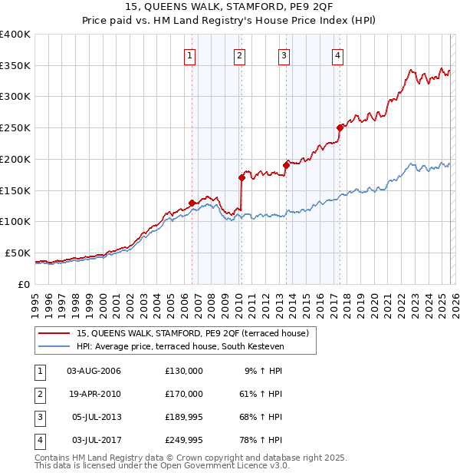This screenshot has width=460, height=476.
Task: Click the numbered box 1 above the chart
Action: click(189, 55)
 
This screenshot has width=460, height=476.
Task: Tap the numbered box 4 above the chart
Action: click(337, 55)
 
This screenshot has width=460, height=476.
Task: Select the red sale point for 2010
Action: click(242, 177)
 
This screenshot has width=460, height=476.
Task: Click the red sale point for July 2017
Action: click(340, 127)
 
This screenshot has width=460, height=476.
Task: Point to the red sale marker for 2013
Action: click(286, 164)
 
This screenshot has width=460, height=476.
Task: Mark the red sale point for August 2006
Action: click(192, 203)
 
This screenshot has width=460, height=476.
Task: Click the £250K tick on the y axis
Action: click(15, 128)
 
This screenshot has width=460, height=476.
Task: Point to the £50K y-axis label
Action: click(18, 253)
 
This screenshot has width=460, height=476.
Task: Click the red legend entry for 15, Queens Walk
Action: click(192, 333)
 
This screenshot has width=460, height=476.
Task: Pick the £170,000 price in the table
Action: click(184, 394)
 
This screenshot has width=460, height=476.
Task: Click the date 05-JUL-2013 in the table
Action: click(97, 417)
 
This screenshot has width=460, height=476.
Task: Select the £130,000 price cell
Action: click(184, 371)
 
